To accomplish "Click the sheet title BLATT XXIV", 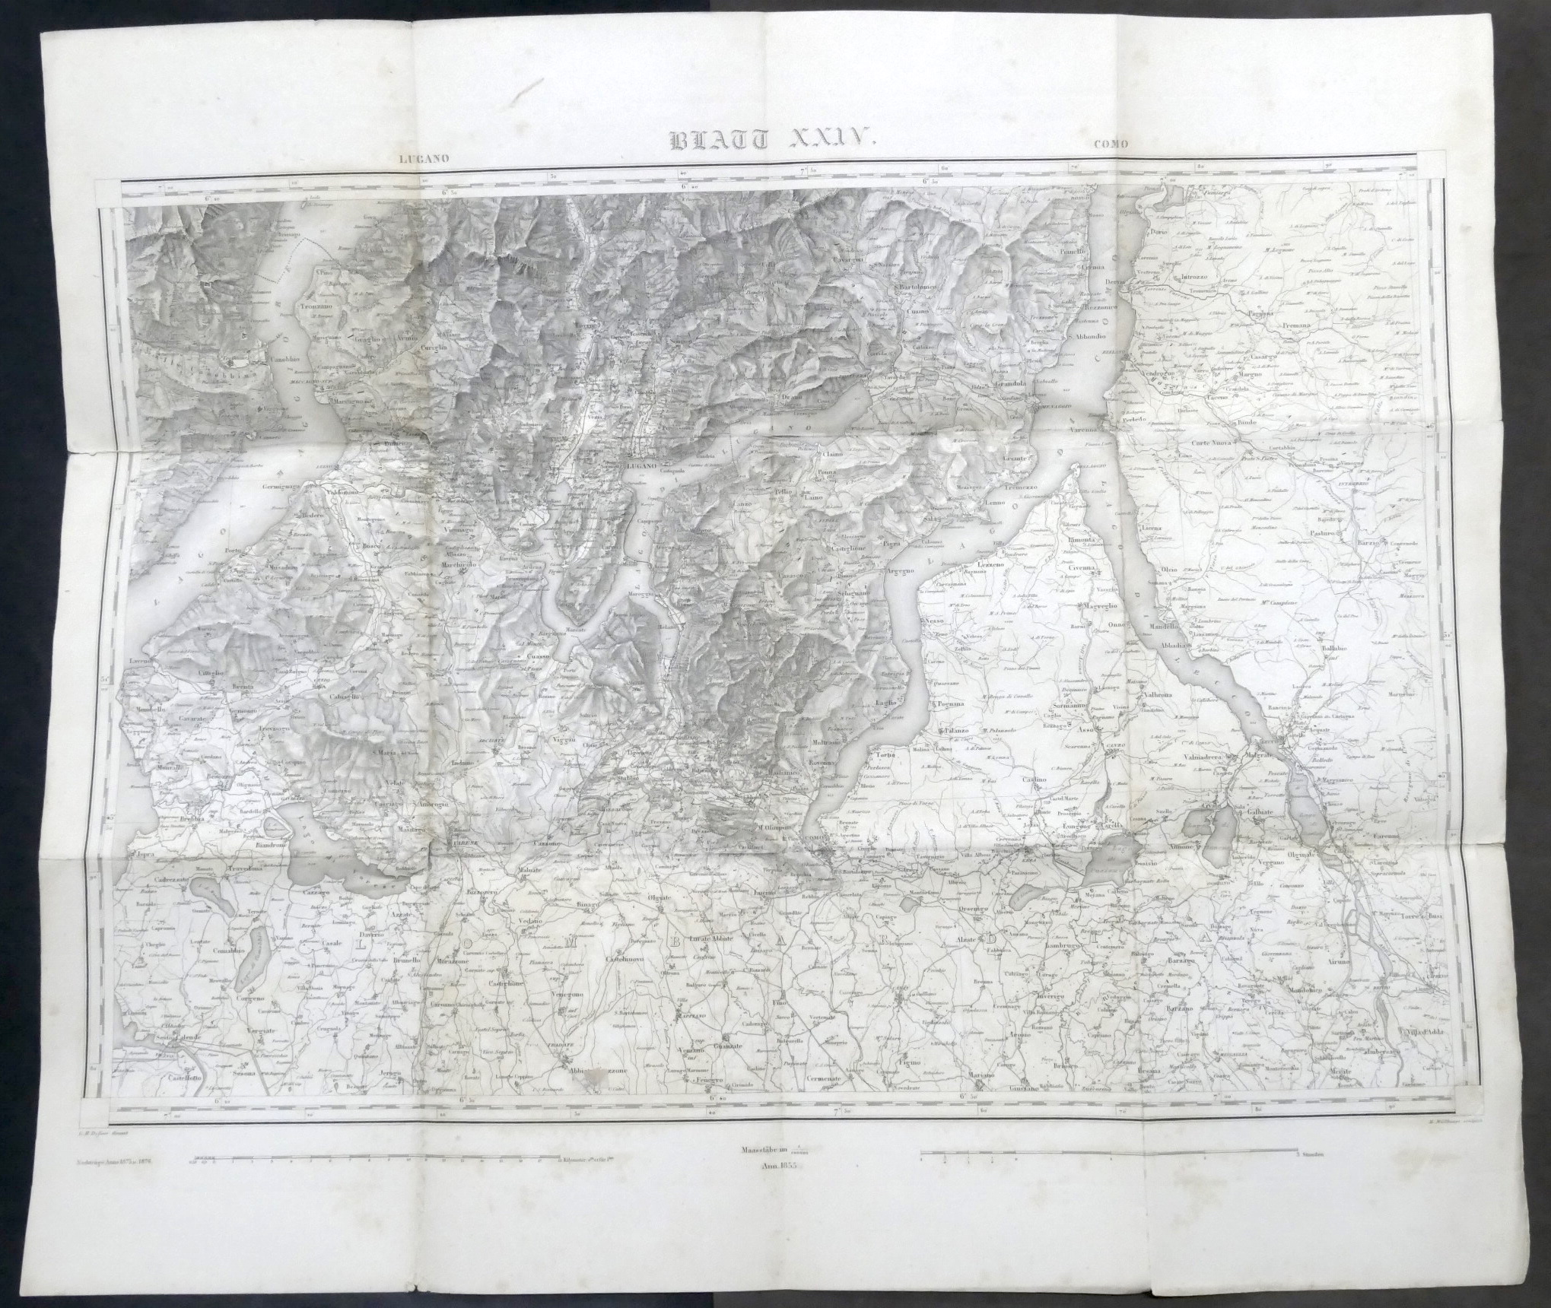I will [773, 140].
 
